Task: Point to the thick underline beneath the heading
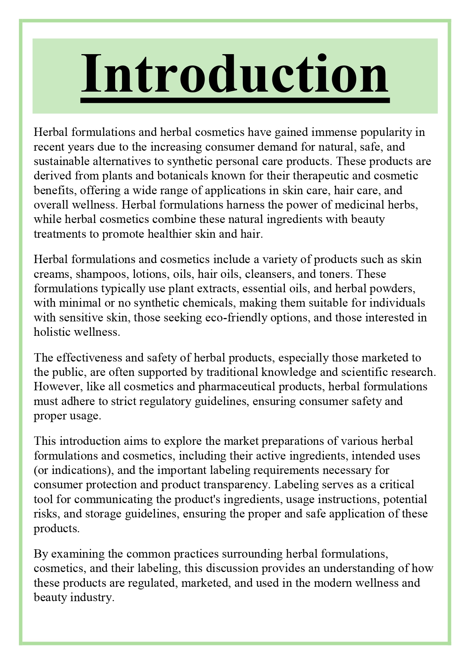(x=235, y=100)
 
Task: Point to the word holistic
(x=52, y=332)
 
